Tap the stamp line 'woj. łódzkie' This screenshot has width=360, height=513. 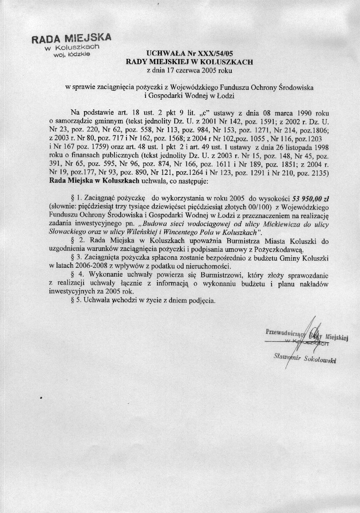(76, 54)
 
